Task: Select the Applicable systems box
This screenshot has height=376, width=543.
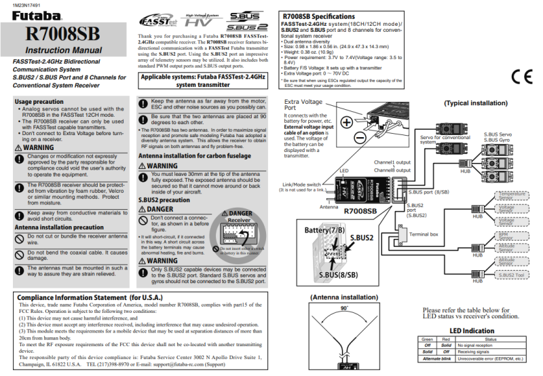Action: (204, 81)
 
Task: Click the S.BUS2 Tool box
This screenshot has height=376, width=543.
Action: (510, 274)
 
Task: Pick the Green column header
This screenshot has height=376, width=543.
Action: (427, 339)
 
